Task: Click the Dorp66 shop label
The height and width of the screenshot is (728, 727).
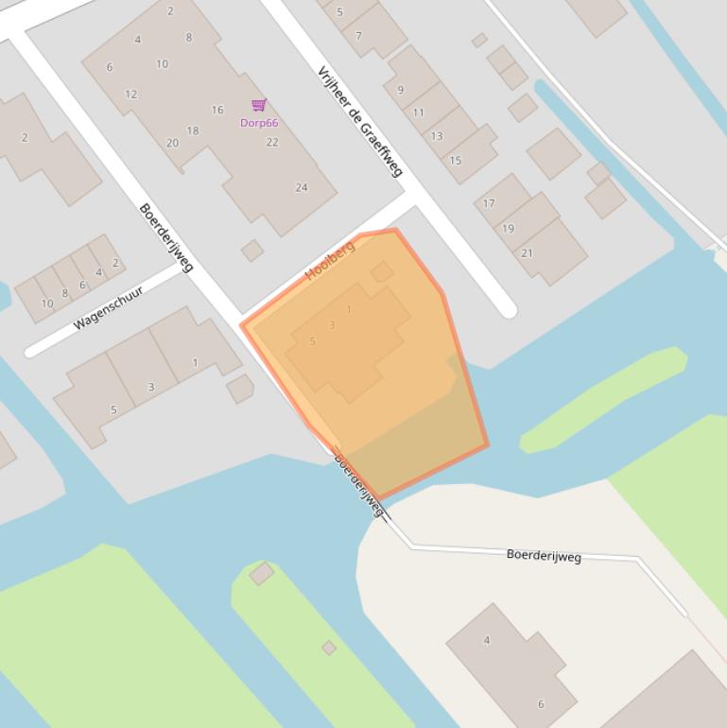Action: [259, 123]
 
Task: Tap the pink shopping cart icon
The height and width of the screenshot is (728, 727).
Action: [259, 105]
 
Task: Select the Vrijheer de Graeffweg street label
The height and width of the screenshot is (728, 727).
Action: [360, 121]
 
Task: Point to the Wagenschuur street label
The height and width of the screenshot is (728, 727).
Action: [108, 307]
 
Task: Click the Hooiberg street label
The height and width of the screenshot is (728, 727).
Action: [330, 261]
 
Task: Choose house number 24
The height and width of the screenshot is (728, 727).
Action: [302, 187]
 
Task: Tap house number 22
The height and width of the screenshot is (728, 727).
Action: [272, 143]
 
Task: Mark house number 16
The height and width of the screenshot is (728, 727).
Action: [217, 110]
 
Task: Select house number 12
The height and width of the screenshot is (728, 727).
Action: [130, 95]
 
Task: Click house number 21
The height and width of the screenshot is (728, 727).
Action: [527, 252]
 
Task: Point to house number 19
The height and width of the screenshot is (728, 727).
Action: [508, 228]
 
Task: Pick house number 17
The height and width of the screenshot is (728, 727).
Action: [489, 203]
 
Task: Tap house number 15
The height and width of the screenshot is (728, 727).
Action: [455, 161]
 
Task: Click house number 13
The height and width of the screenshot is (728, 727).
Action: [437, 136]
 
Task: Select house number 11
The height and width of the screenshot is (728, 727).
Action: [419, 113]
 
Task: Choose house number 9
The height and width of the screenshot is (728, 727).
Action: [401, 90]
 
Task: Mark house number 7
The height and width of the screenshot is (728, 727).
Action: [358, 36]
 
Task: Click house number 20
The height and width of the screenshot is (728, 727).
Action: [172, 144]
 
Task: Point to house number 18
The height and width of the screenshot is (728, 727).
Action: [193, 130]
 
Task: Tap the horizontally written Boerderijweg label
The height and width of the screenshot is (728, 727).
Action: [544, 555]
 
